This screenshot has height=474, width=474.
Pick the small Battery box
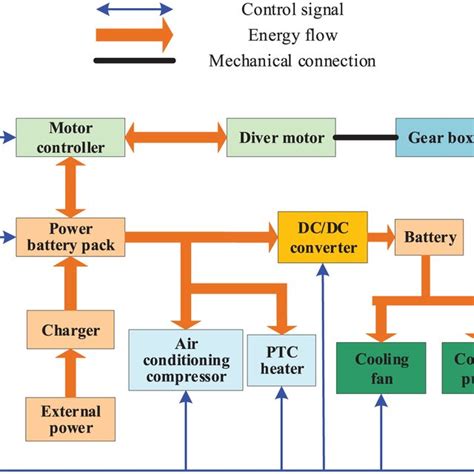coord(430,237)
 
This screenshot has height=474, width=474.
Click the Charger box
coord(70,329)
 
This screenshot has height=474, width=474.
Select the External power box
coord(70,419)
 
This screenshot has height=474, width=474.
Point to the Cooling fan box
coord(382,368)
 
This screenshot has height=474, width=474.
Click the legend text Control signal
coord(291,10)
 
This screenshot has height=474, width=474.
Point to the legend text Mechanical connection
coord(291,62)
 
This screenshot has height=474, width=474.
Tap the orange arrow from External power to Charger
coord(70,374)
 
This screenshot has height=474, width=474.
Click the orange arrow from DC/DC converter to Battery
coord(381,237)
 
